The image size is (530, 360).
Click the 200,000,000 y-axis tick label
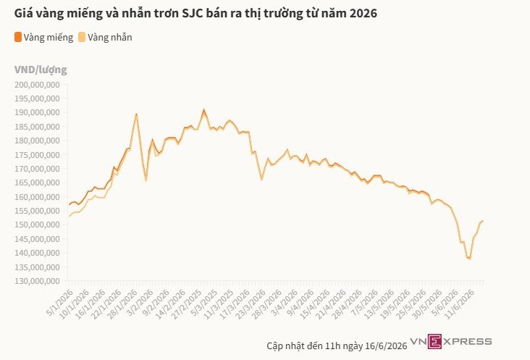(37, 85)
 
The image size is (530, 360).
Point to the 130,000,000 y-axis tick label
(37, 281)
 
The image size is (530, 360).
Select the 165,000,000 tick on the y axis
(37, 183)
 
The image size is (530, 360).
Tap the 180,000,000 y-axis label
(37, 141)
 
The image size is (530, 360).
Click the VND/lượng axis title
(41, 70)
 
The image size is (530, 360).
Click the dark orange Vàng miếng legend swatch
(18, 37)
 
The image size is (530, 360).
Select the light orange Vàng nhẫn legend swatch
(82, 37)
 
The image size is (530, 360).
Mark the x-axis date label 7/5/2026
(364, 303)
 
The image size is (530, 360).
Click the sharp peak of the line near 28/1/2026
(136, 114)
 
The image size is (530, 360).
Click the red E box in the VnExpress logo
(434, 341)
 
